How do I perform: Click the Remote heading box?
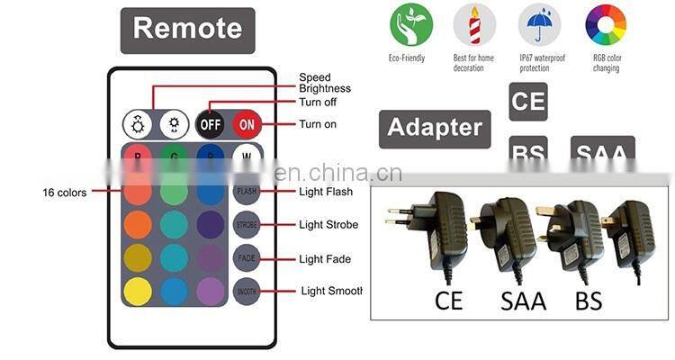188,29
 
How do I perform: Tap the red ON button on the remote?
247,123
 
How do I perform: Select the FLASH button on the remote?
246,192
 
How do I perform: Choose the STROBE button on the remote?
246,225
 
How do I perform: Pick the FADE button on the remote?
246,258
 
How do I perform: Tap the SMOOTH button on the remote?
246,291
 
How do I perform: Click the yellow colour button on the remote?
138,291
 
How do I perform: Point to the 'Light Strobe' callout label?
328,225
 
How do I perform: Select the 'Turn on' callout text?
317,124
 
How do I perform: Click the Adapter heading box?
435,129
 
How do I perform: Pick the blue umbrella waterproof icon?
539,25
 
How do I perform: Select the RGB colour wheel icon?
606,25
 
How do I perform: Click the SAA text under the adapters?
523,299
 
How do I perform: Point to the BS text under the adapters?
588,299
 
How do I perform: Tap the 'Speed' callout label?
315,77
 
